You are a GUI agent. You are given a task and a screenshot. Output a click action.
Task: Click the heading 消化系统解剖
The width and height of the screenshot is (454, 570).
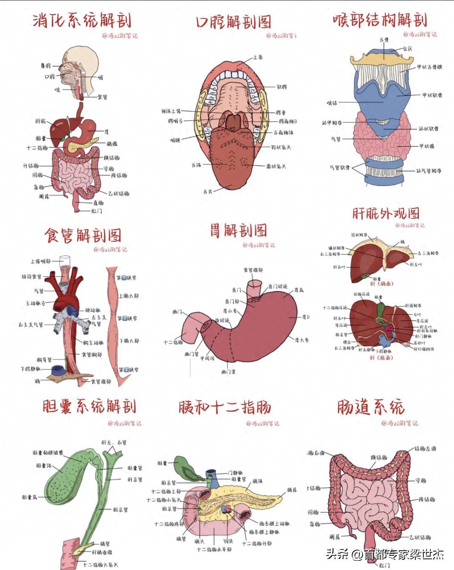click(x=82, y=20)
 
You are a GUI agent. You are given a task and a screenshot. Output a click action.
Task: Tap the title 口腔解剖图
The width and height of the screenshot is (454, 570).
click(x=234, y=21)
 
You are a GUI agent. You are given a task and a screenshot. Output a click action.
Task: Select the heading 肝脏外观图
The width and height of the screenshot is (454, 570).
click(x=386, y=213)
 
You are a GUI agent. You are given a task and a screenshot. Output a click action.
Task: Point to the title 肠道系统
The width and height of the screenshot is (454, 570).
click(x=371, y=407)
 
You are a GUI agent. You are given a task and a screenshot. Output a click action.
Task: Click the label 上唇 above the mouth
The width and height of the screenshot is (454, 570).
click(x=258, y=57)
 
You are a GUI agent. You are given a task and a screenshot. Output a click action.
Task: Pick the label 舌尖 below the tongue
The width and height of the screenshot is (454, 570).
click(x=208, y=191)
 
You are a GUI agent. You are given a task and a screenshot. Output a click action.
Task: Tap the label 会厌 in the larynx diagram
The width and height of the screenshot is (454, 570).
click(x=407, y=49)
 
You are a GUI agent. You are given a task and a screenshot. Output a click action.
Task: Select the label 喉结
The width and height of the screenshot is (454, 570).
click(x=332, y=103)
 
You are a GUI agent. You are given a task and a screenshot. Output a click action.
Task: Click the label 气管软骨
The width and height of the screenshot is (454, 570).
click(x=340, y=167)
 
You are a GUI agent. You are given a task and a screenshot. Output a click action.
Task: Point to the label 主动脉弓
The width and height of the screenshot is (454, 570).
click(x=35, y=303)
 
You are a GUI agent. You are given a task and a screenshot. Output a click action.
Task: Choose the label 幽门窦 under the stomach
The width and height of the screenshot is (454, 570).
click(x=228, y=372)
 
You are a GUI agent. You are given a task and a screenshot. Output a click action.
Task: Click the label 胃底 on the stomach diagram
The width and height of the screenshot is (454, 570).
click(x=299, y=290)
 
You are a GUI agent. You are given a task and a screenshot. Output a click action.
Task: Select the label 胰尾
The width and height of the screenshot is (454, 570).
click(x=292, y=490)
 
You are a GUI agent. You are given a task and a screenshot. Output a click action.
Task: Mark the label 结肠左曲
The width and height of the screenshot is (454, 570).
click(x=425, y=449)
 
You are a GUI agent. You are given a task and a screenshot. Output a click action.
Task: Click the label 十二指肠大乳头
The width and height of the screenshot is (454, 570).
click(x=100, y=565)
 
